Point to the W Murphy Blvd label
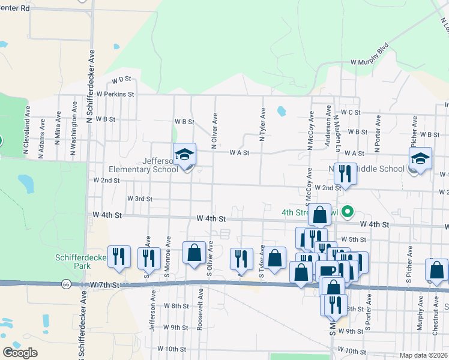click(x=370, y=53)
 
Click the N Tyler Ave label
click(x=262, y=125)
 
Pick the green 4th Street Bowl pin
click(x=346, y=212)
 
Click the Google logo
click(x=20, y=352)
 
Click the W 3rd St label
click(x=139, y=199)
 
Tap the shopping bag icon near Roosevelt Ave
click(x=194, y=253)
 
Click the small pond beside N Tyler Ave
click(x=281, y=111)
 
